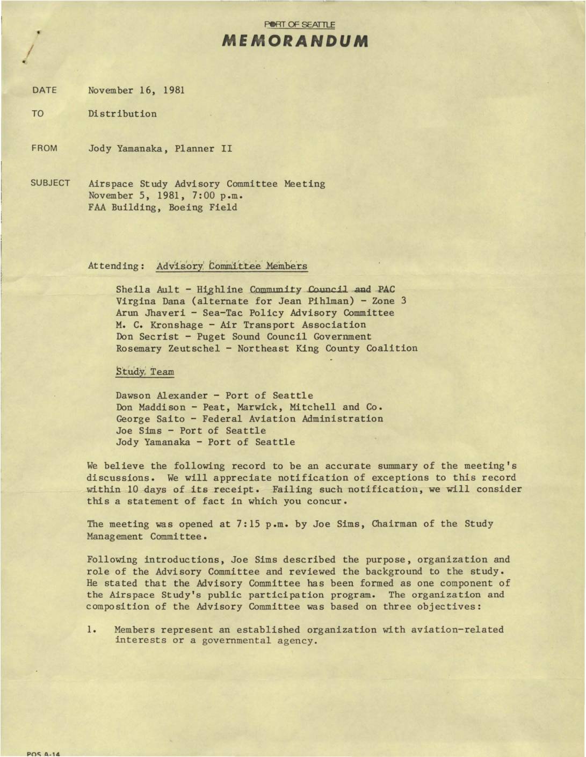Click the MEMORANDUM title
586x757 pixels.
click(x=295, y=41)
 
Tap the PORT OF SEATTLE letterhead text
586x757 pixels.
click(x=300, y=25)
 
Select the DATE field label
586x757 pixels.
click(x=45, y=90)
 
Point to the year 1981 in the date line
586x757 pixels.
click(x=174, y=90)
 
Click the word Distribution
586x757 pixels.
click(x=122, y=114)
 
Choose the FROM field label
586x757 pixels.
click(x=45, y=148)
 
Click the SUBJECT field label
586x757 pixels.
click(x=50, y=183)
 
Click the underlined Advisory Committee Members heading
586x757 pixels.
click(x=232, y=265)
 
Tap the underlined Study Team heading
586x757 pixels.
click(x=145, y=371)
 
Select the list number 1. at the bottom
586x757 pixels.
click(x=91, y=629)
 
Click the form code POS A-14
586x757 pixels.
click(x=44, y=754)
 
